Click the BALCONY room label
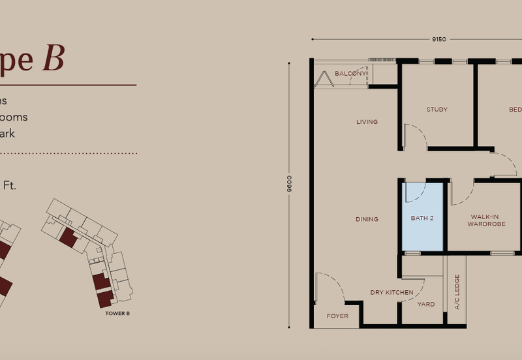(x=350, y=74)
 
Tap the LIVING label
(x=367, y=122)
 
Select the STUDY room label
(x=437, y=110)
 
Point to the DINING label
(x=367, y=219)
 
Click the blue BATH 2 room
(x=422, y=218)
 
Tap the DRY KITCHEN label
(x=391, y=293)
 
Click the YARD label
(x=426, y=305)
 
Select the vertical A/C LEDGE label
(x=457, y=292)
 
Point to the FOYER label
(x=337, y=316)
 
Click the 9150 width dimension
(x=438, y=39)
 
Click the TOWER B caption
(x=117, y=314)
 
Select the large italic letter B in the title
(x=53, y=58)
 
